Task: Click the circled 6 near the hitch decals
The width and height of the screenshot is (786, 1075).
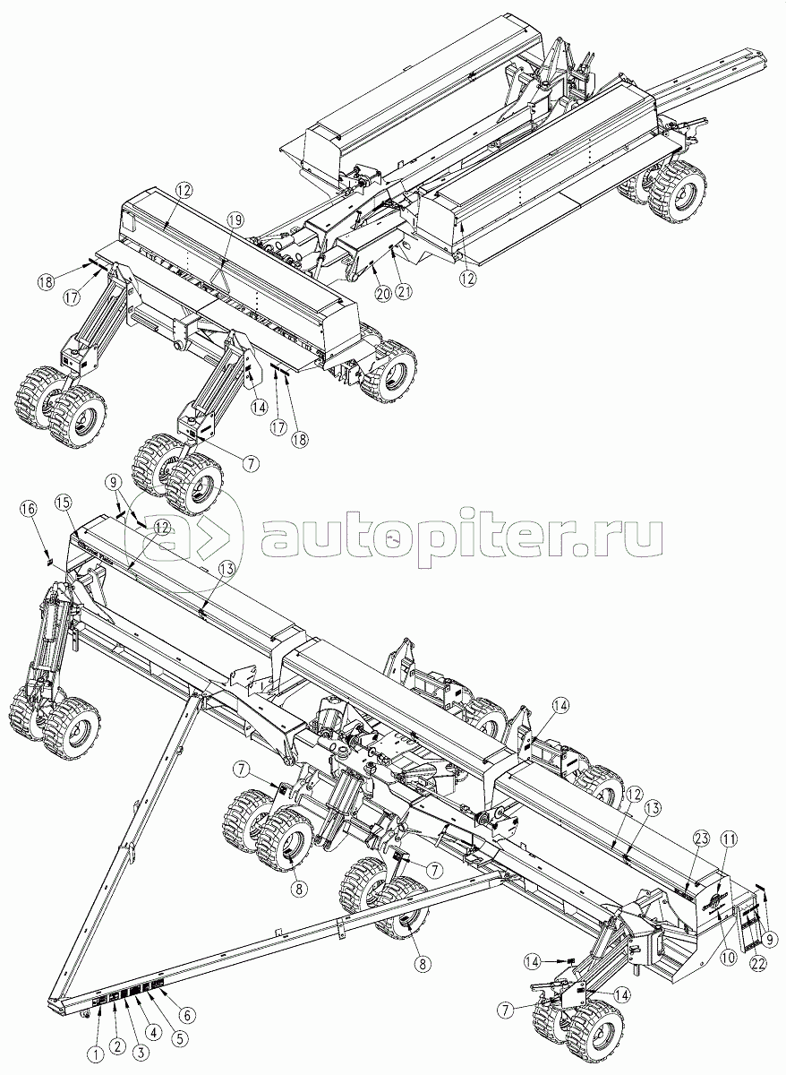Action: (x=187, y=1015)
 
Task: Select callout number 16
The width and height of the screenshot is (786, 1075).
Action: (x=30, y=508)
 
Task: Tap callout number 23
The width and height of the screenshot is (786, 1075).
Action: (x=701, y=839)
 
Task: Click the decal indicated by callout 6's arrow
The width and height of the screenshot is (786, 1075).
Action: (x=158, y=985)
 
